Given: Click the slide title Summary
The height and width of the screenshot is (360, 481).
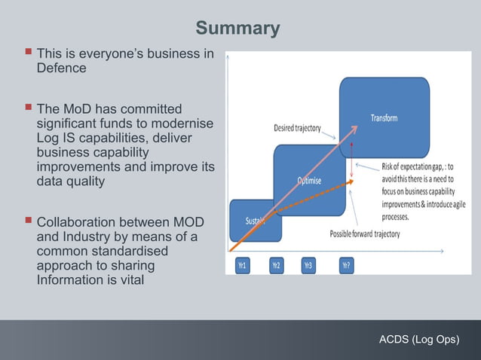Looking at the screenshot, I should [237, 29].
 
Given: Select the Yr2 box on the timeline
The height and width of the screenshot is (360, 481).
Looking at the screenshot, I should [276, 265].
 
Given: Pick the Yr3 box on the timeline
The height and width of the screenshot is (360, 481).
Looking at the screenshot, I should [308, 265].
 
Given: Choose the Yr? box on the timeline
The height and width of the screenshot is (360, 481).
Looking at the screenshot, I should [345, 265].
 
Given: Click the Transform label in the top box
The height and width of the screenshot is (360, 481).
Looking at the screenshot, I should [384, 118].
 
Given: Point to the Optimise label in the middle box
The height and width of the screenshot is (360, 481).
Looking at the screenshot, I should [308, 181].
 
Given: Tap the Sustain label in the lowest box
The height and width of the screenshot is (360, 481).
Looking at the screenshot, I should [255, 221].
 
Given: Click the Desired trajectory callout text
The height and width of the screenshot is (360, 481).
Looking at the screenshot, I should [297, 128].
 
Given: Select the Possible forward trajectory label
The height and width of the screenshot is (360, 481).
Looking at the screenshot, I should [365, 234].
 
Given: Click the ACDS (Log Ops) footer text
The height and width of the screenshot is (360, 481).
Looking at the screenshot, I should [419, 340].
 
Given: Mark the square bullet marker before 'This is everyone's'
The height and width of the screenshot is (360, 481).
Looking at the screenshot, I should [28, 54].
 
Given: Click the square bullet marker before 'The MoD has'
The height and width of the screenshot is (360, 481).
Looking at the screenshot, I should [28, 108].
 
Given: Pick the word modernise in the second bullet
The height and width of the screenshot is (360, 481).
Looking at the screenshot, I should [183, 123].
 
